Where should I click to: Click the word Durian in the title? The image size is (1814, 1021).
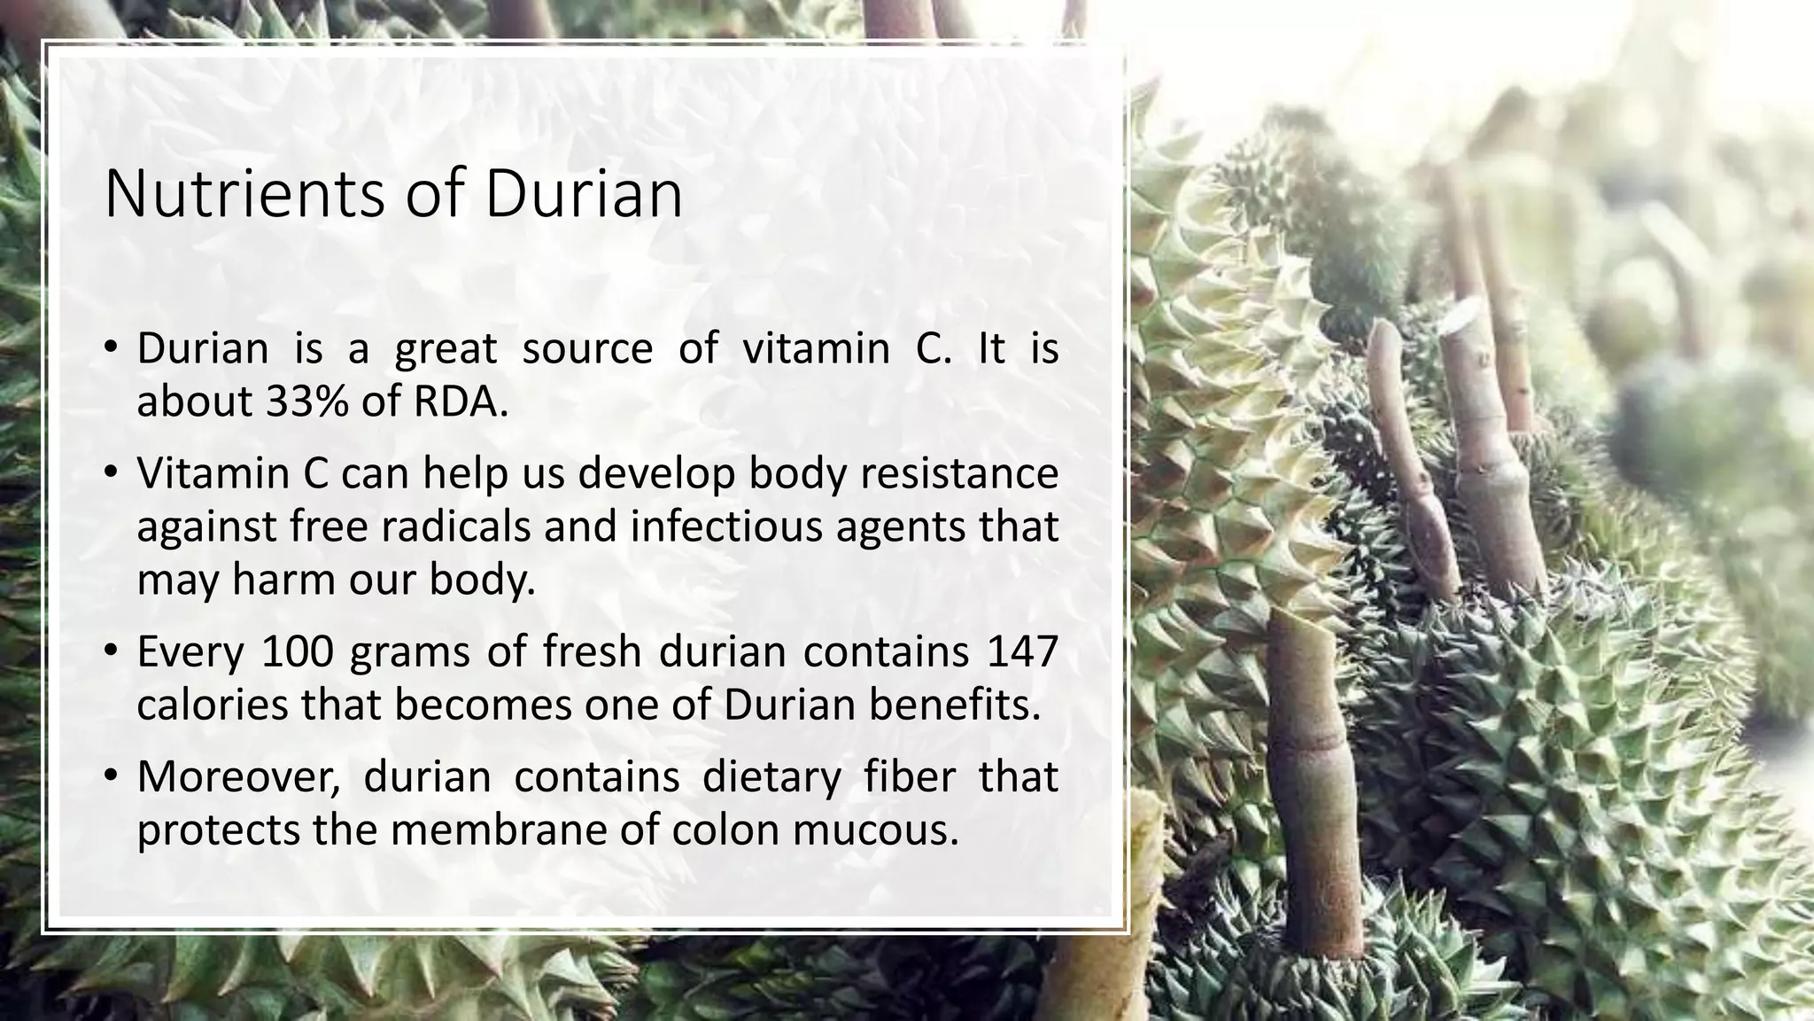[584, 194]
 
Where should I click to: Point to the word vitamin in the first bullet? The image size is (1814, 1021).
[816, 348]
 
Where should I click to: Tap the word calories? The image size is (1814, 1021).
[213, 705]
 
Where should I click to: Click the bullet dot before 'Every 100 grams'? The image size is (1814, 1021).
[110, 652]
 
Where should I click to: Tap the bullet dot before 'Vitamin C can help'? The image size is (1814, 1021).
[110, 473]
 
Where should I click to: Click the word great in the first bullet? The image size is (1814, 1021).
[446, 348]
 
